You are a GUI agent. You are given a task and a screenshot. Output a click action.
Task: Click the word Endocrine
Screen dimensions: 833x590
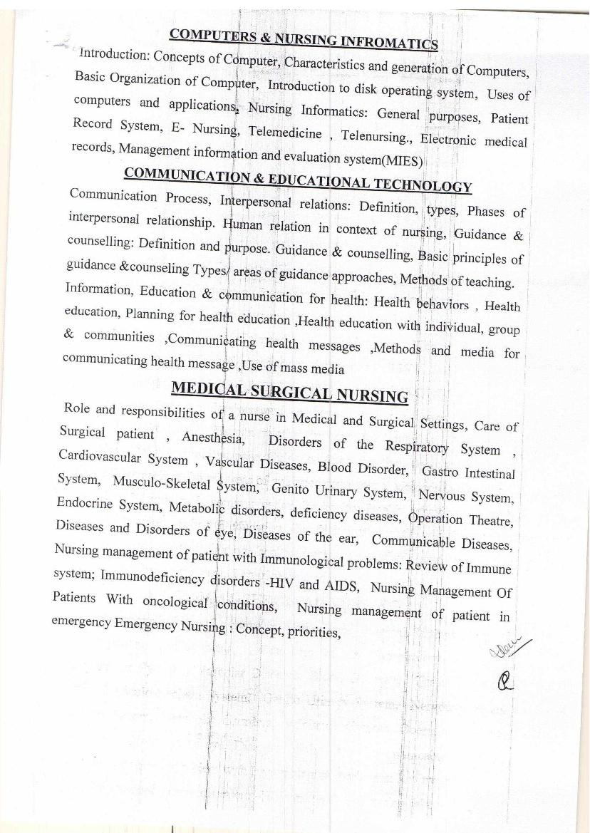point(84,503)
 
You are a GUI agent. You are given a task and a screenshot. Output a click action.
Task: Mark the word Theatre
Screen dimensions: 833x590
point(491,521)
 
